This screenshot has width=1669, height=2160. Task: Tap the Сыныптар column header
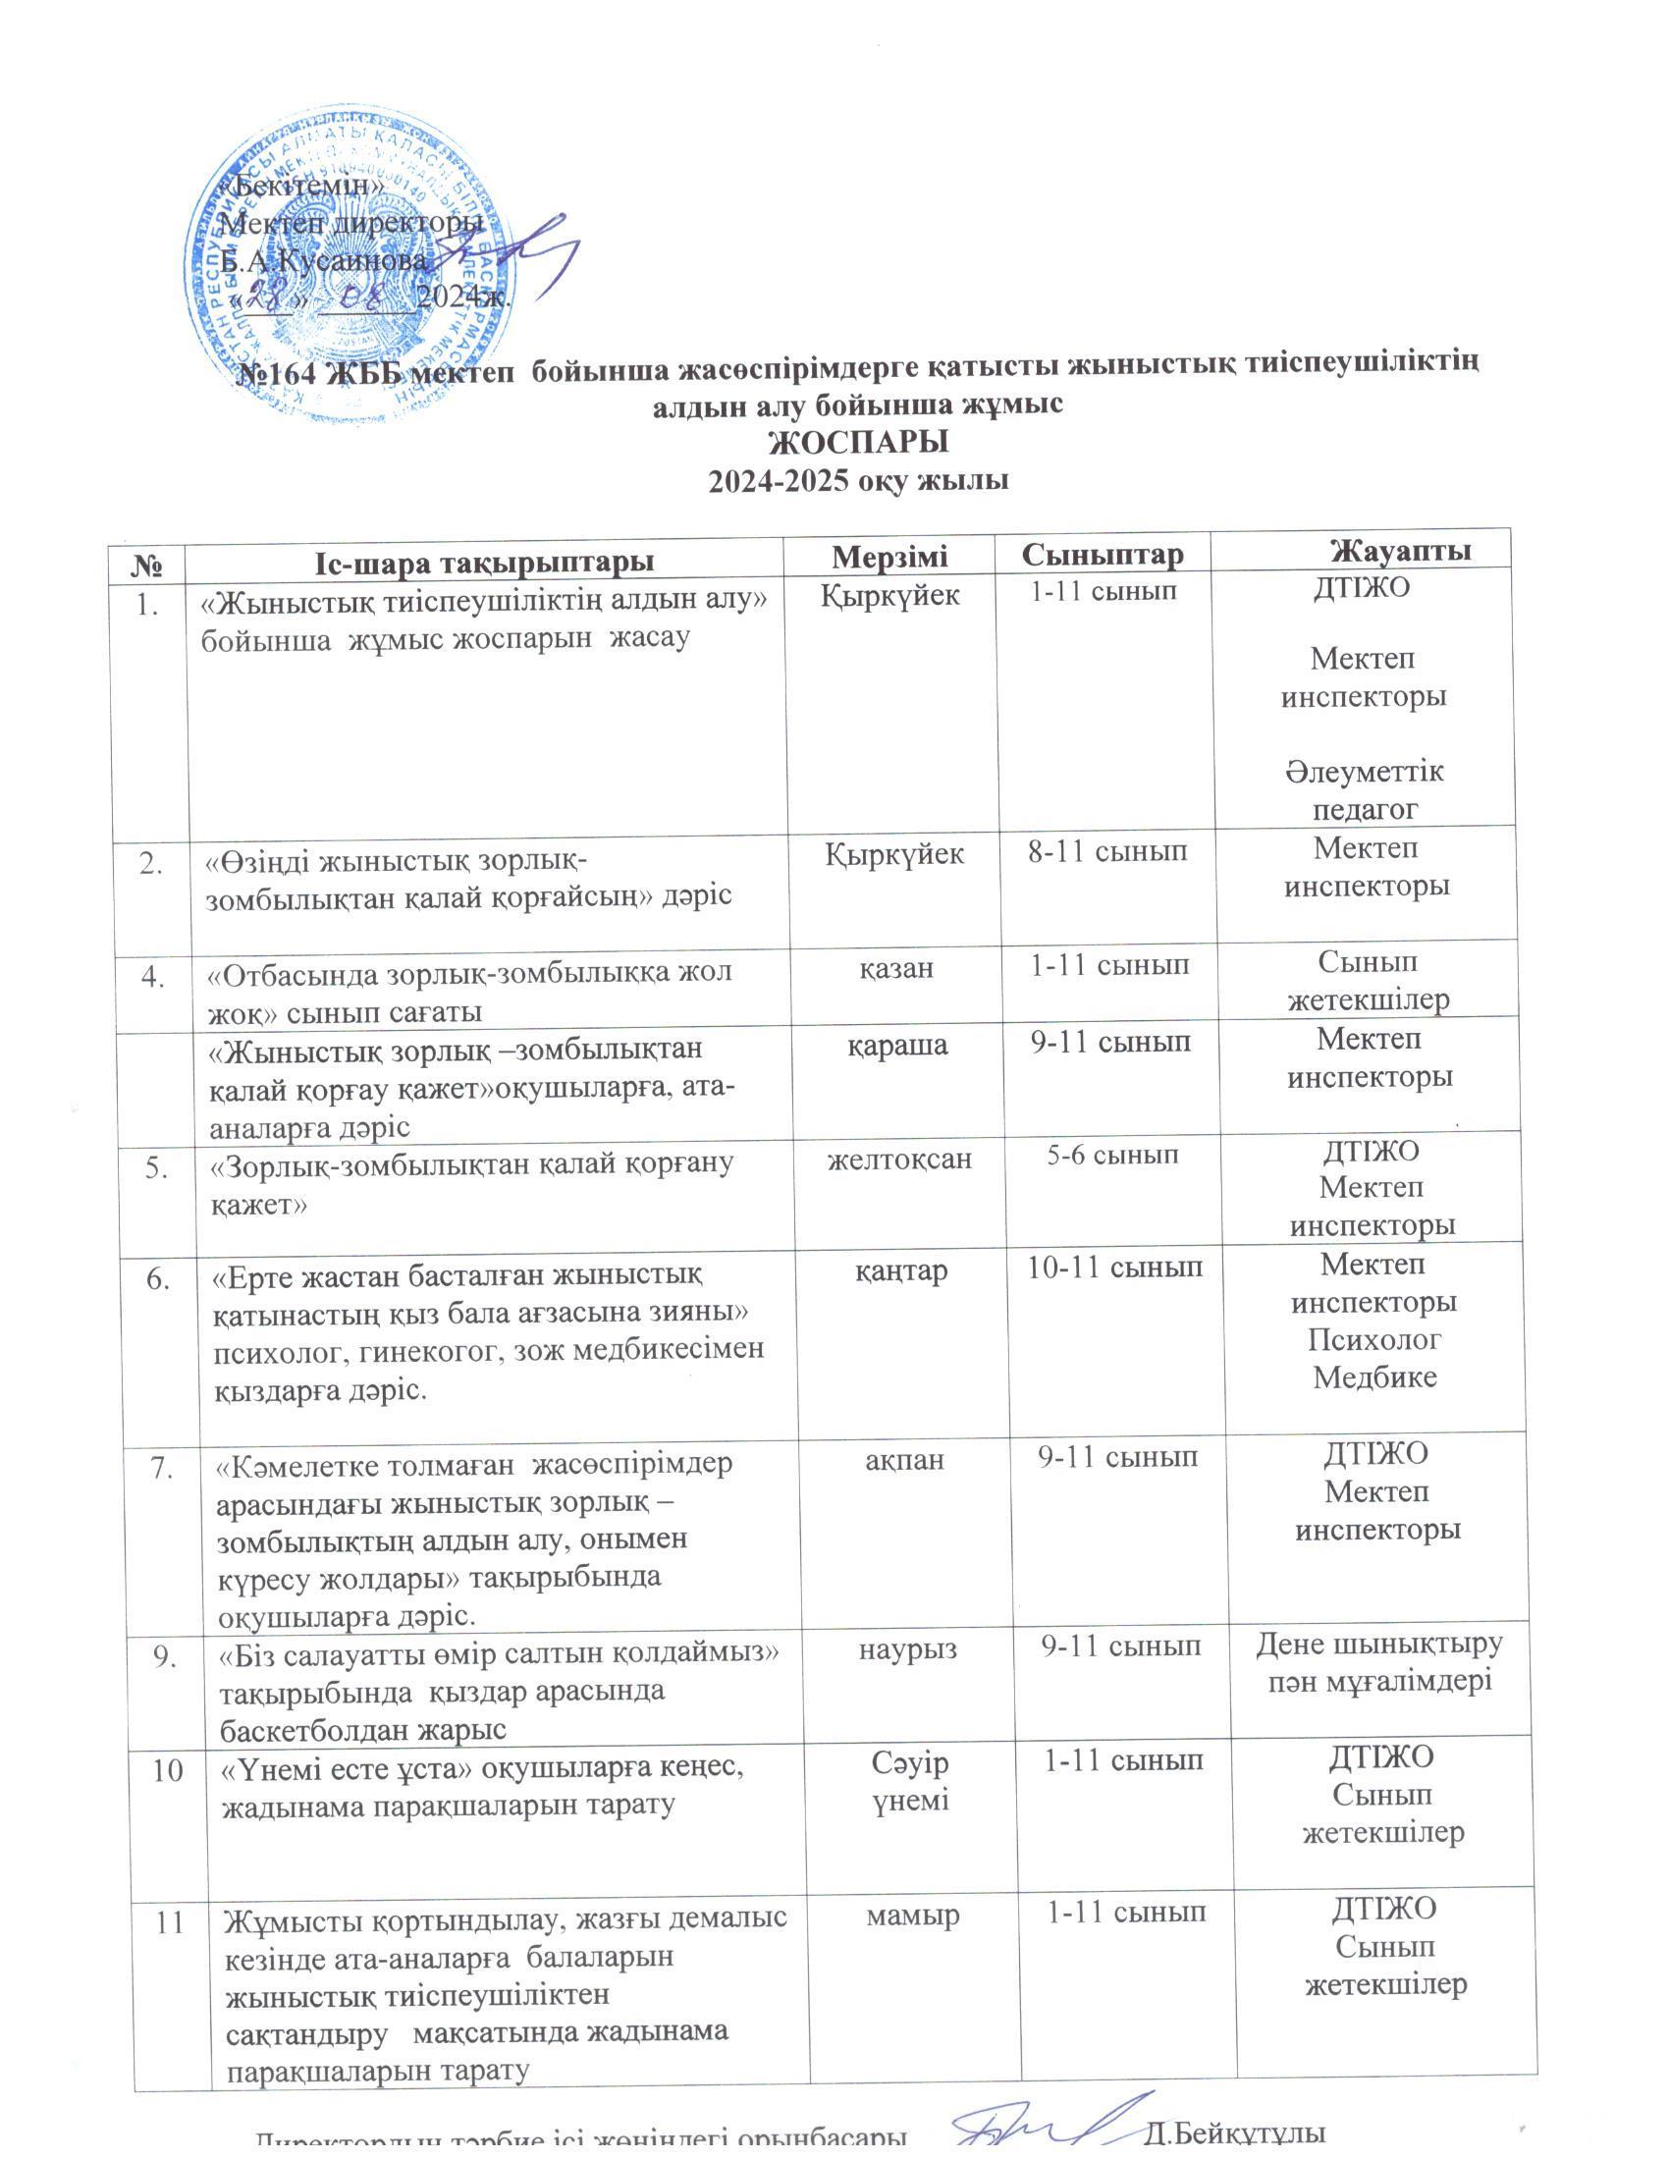pyautogui.click(x=1102, y=554)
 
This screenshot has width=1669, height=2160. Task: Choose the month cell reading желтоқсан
pyautogui.click(x=899, y=1159)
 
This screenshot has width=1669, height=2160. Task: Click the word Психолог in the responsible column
pyautogui.click(x=1374, y=1339)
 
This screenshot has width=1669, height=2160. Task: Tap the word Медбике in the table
pyautogui.click(x=1374, y=1377)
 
